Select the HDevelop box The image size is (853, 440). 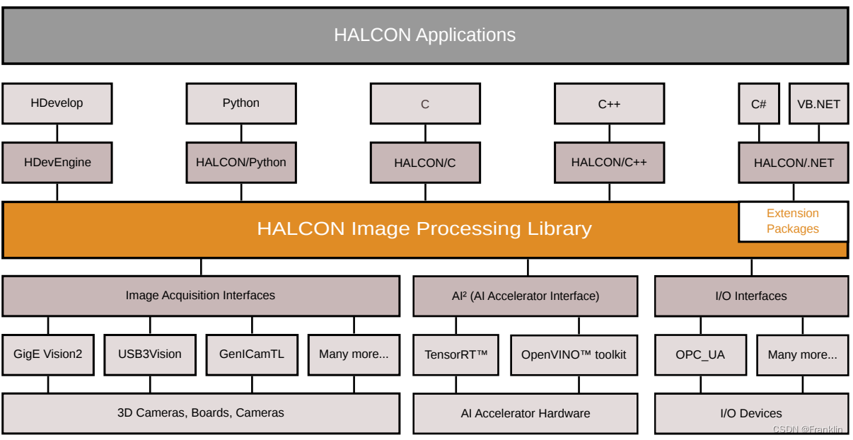point(57,103)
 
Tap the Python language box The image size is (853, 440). point(241,103)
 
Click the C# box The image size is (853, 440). point(759,104)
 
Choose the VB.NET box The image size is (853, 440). point(818,104)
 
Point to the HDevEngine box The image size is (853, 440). point(57,163)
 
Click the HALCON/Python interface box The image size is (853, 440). point(241,163)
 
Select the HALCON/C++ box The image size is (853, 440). point(609,163)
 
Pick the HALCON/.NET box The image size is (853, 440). point(794,163)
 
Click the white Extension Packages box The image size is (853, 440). point(793,221)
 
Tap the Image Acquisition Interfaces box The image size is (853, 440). point(201,296)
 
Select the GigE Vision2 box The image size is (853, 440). point(48,354)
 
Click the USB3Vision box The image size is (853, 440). point(150,354)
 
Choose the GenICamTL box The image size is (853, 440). point(252,354)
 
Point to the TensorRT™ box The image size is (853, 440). point(456,355)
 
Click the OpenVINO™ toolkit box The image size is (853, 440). point(573,355)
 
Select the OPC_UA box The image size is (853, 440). point(700,355)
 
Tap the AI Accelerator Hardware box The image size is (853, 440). point(526,414)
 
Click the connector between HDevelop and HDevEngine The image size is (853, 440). point(57,133)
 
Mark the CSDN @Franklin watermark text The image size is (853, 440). point(808,429)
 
